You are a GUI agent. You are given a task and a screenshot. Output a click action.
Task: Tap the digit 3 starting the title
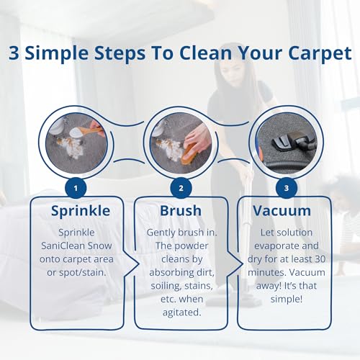(x=14, y=53)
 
